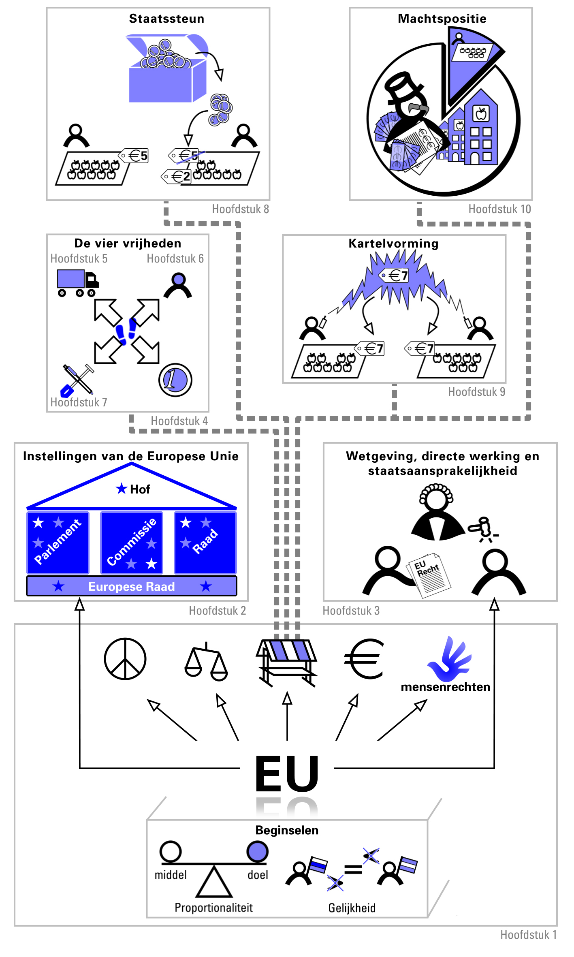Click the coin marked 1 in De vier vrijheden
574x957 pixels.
pyautogui.click(x=175, y=380)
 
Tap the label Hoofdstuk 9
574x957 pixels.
pyautogui.click(x=476, y=392)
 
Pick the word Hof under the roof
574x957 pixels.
pyautogui.click(x=140, y=489)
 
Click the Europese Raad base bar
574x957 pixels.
pyautogui.click(x=132, y=586)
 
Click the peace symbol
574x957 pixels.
pyautogui.click(x=125, y=659)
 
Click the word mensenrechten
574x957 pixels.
pyautogui.click(x=446, y=687)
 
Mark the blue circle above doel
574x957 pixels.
pyautogui.click(x=258, y=851)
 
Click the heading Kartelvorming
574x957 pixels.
pyautogui.click(x=394, y=244)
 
